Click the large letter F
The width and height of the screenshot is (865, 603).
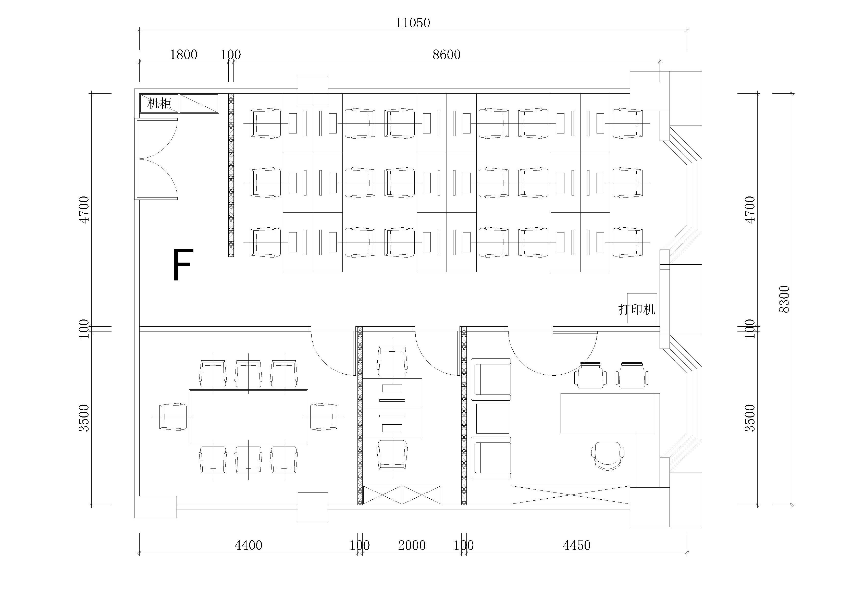183,265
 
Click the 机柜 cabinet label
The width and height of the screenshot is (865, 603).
159,103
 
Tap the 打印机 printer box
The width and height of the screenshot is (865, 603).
641,308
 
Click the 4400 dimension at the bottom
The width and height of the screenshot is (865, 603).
248,545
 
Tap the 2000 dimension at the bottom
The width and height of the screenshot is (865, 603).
412,545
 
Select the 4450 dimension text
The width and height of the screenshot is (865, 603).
577,545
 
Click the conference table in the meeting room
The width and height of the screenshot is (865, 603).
248,416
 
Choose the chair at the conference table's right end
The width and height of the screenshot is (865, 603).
324,416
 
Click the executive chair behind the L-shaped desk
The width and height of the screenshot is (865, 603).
607,456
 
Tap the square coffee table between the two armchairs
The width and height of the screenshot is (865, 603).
492,418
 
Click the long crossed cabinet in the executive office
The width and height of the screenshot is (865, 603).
570,495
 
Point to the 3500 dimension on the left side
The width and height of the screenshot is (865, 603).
84,417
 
